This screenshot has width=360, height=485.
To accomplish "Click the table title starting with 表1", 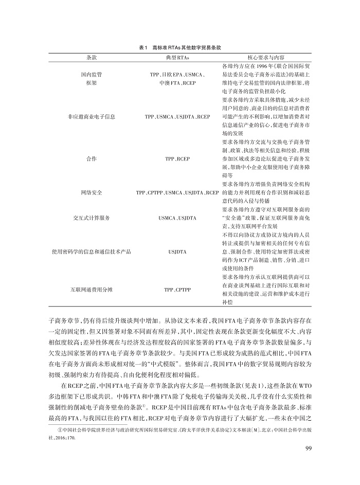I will coord(179,47).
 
